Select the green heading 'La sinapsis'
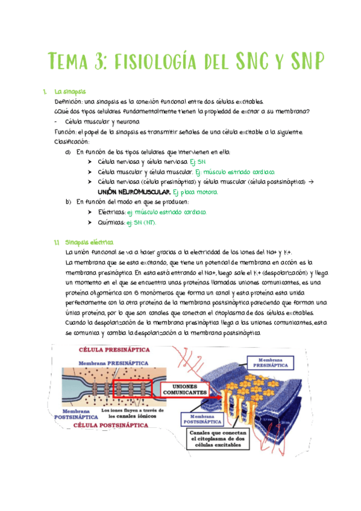[69, 92]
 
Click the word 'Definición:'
[68, 102]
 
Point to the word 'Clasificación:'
[71, 142]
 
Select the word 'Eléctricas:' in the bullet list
[111, 212]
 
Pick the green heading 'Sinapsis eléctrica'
[84, 243]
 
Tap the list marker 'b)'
[68, 202]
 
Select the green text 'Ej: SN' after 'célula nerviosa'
[198, 162]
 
